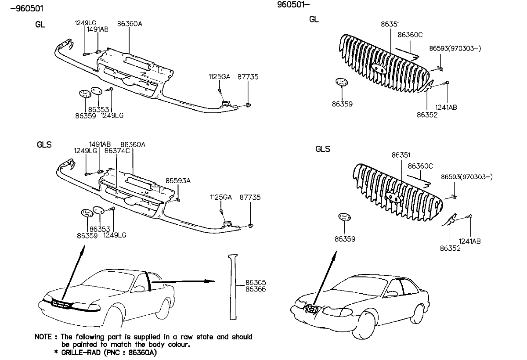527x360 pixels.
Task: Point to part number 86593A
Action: pyautogui.click(x=178, y=180)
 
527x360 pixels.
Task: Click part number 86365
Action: pyautogui.click(x=256, y=283)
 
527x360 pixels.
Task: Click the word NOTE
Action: pyautogui.click(x=44, y=337)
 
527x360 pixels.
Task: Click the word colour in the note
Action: pyautogui.click(x=178, y=345)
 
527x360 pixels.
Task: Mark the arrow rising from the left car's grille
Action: pyautogui.click(x=73, y=274)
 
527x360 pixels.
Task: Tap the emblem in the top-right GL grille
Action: pyautogui.click(x=379, y=68)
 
